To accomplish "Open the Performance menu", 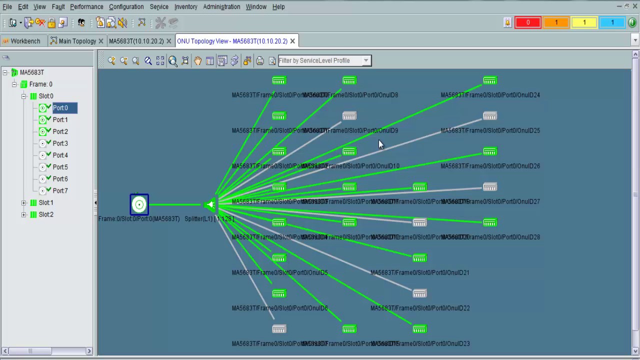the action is click(86, 7).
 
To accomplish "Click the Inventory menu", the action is click(185, 7).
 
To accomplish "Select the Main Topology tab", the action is click(77, 41).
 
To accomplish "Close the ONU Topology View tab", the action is click(292, 41).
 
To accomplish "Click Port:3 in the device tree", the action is click(60, 143).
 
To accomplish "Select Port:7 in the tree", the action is click(60, 190).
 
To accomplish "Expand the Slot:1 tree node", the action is click(24, 202).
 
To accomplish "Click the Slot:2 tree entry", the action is click(45, 214).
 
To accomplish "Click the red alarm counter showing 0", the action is click(527, 22).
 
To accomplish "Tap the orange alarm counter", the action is click(555, 22).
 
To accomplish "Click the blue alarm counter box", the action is click(612, 22).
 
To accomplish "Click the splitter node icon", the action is click(210, 205).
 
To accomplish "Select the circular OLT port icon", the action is click(139, 204).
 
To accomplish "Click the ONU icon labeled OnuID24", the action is click(489, 80).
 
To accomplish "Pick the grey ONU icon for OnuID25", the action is click(489, 116).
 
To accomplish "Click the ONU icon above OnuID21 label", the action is click(419, 258).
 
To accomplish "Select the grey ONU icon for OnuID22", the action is click(419, 293).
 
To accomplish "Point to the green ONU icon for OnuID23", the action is click(419, 329).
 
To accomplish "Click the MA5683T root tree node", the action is click(31, 72).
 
